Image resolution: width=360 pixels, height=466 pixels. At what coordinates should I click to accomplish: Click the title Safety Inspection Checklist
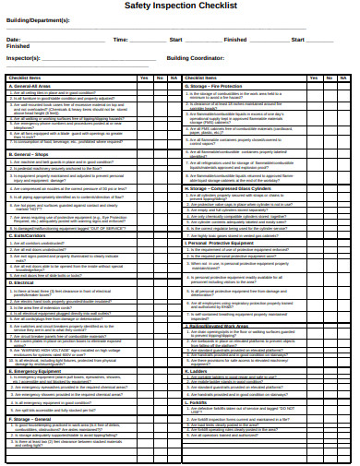click(x=180, y=6)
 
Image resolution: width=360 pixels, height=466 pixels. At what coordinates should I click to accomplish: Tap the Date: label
click(x=13, y=40)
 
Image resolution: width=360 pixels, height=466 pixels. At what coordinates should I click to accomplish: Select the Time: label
click(x=121, y=40)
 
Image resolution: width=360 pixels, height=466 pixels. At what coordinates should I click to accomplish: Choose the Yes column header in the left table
click(x=144, y=78)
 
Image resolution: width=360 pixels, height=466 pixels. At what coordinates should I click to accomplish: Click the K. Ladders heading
click(x=202, y=370)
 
